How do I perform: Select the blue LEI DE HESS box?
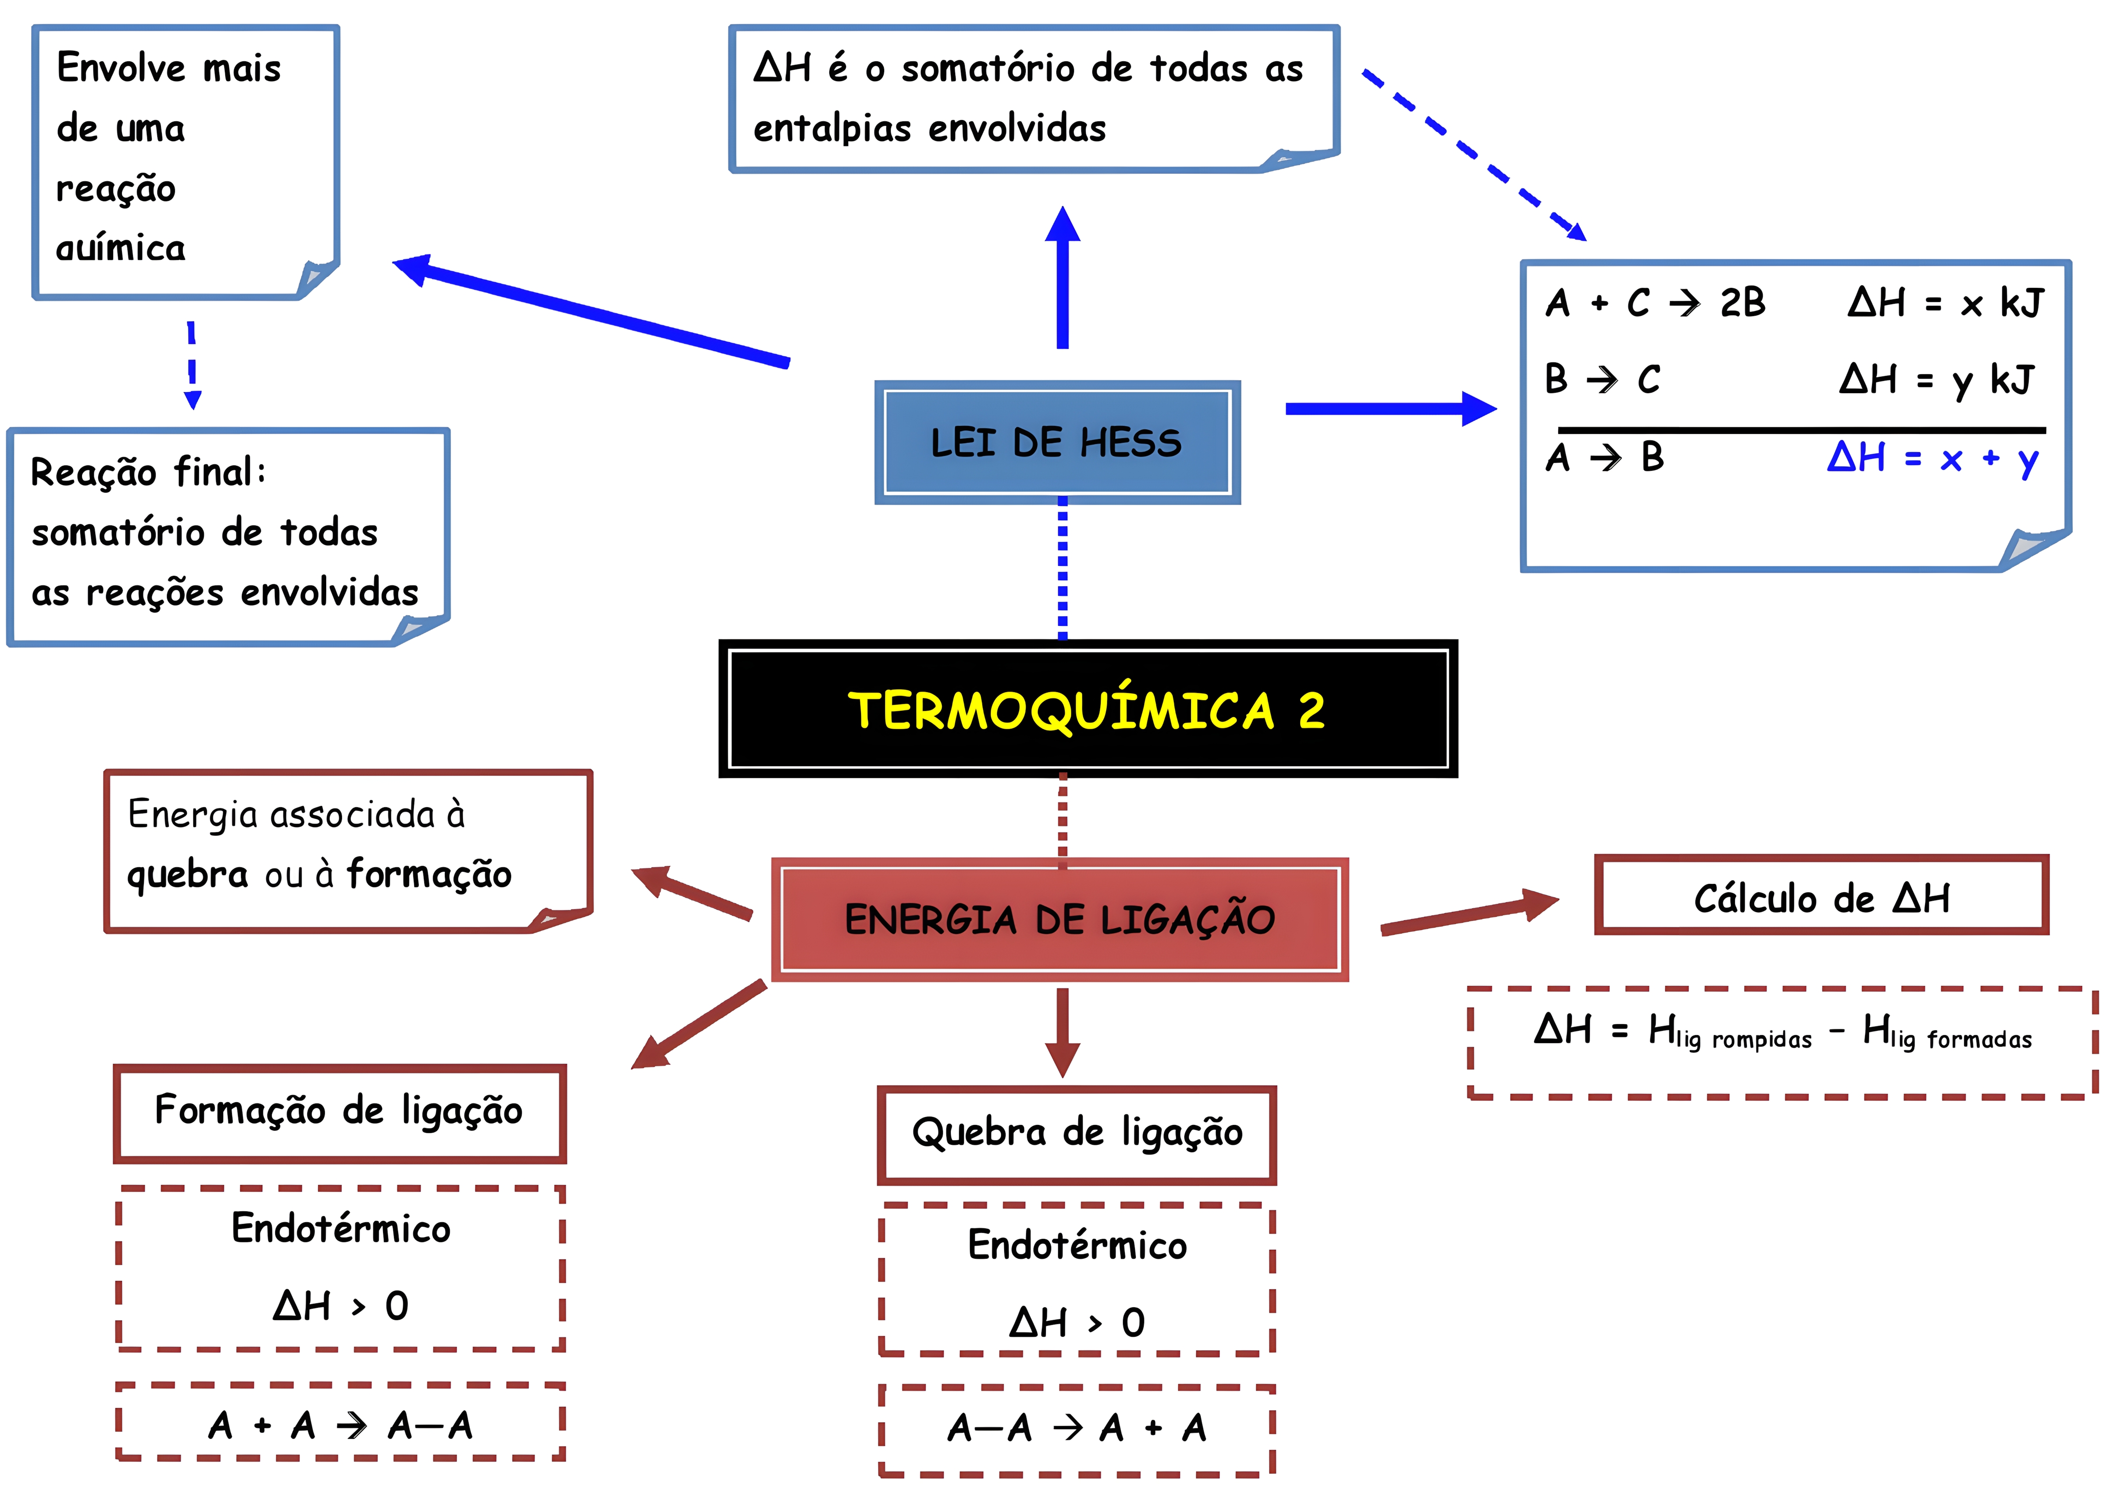[1056, 443]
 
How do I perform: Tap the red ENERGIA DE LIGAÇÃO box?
[1059, 919]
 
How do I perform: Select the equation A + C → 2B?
[1654, 302]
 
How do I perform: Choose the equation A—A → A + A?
[1077, 1427]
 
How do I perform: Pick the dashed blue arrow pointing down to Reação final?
[192, 365]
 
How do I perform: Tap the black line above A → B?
[1801, 429]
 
